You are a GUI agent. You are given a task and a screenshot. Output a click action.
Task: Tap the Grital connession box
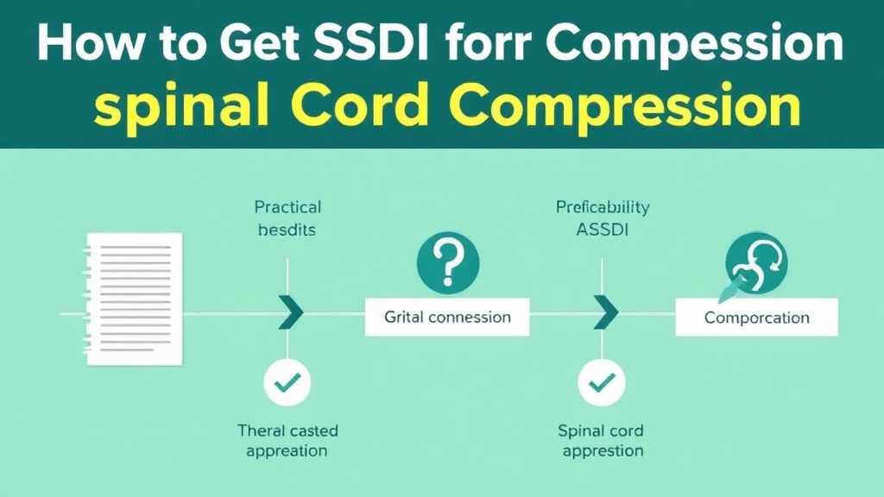[x=447, y=317]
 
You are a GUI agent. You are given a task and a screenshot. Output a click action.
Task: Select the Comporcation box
[x=756, y=317]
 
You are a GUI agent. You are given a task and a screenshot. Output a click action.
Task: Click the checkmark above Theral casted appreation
[x=288, y=381]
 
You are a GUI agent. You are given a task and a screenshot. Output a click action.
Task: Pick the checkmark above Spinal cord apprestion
[x=601, y=381]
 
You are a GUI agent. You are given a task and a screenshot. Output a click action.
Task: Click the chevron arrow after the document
[x=290, y=312]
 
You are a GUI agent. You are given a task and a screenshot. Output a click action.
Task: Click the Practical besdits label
[x=287, y=218]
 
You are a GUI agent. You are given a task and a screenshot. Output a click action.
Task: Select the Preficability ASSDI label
[x=603, y=218]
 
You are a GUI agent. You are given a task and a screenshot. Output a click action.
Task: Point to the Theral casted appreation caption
[x=287, y=440]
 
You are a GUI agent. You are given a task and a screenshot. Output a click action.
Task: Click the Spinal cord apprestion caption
[x=601, y=440]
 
